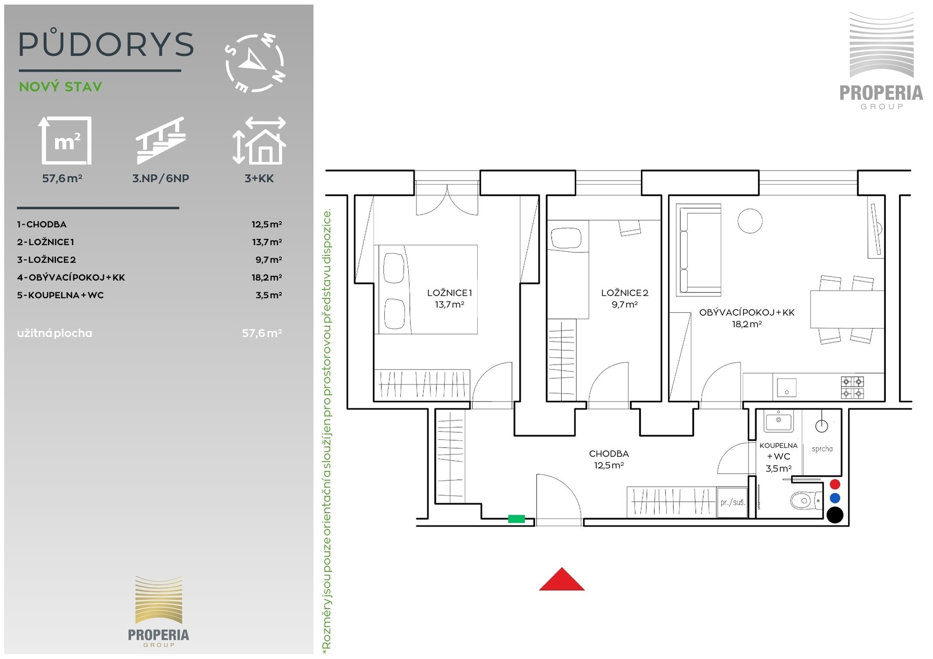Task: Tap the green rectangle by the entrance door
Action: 516,519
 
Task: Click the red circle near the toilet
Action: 835,484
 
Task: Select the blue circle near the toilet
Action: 835,498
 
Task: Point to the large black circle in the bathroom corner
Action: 835,515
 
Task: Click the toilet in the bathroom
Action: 806,500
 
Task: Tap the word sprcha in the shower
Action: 822,449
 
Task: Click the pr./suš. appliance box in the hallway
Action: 732,502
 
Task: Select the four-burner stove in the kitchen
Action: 852,388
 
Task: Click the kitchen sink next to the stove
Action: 787,388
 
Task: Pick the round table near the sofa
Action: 750,220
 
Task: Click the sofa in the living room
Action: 698,250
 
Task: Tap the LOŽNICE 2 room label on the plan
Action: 624,293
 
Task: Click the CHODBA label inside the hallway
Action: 609,454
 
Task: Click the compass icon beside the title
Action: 255,63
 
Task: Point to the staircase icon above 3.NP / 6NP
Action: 160,140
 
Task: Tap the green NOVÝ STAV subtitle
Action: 61,87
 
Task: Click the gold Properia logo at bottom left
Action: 158,611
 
